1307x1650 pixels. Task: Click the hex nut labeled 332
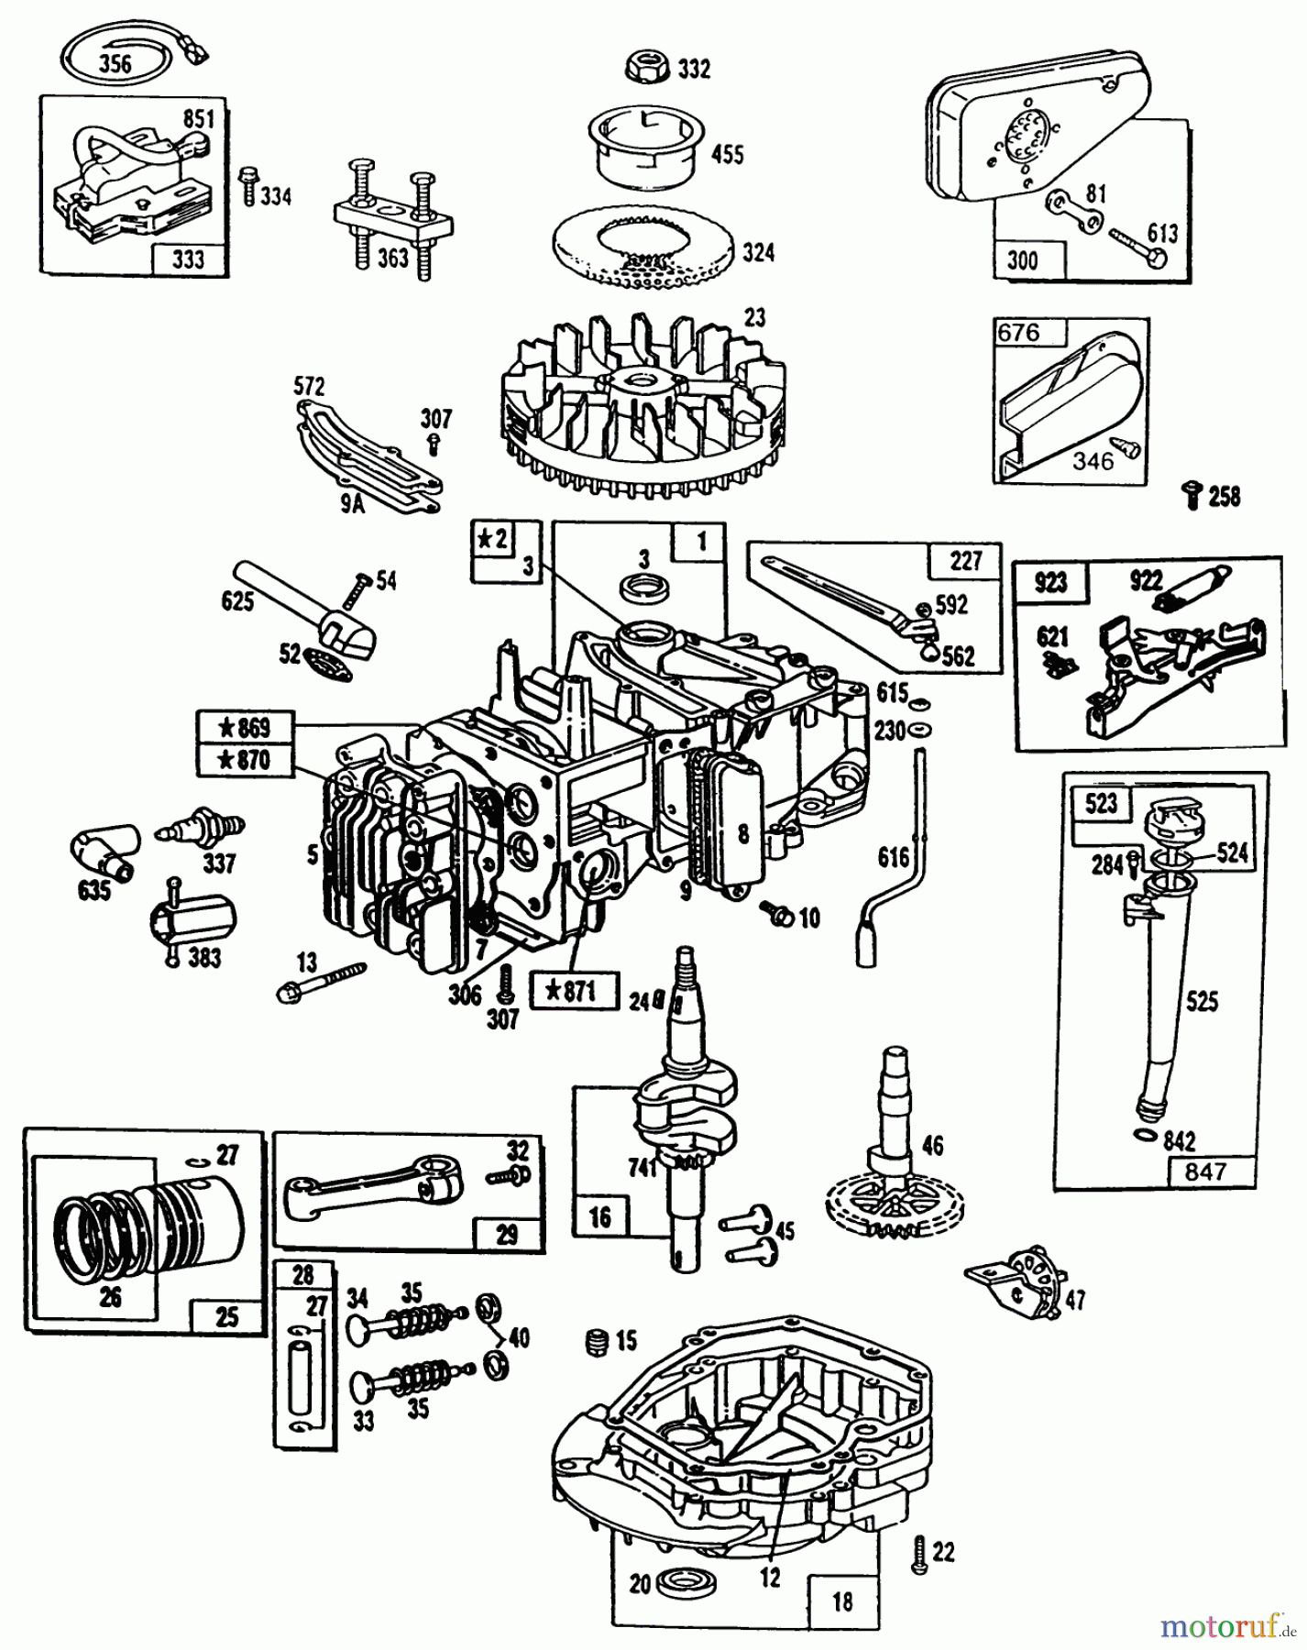[647, 66]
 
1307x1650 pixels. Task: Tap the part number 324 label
[758, 251]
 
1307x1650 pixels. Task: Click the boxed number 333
[188, 259]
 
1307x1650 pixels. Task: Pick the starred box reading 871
[574, 990]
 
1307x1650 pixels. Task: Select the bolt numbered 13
[321, 981]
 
